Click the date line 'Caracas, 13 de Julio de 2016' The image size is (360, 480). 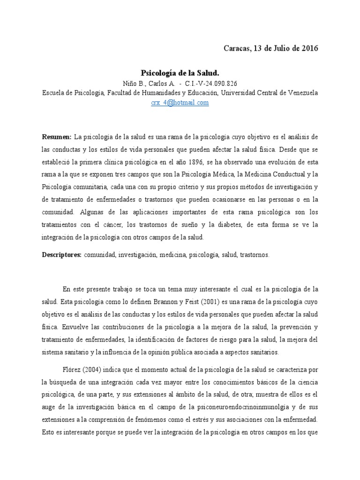270,49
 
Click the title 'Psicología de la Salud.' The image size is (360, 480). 180,73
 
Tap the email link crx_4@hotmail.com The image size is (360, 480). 180,103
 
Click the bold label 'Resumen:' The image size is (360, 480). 56,136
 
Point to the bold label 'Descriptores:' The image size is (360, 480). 62,255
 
